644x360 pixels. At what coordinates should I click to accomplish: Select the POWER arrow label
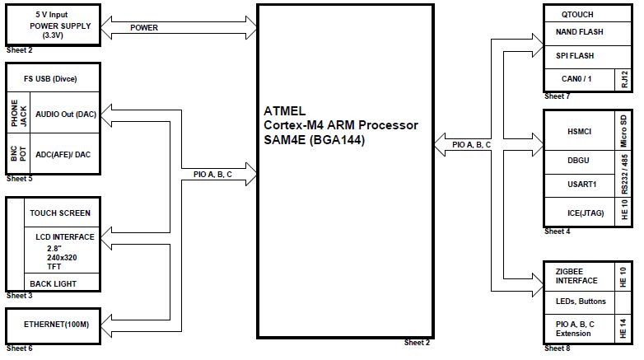tap(144, 28)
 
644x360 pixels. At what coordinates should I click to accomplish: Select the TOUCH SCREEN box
tap(60, 213)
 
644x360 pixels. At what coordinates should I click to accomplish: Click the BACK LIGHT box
tap(53, 283)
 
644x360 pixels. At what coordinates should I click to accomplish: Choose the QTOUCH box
tap(576, 15)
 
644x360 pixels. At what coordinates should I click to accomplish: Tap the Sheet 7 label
tap(557, 96)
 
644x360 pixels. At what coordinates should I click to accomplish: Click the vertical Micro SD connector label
tap(625, 129)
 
